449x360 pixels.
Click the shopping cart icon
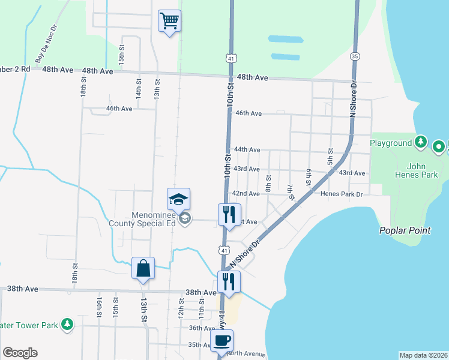point(169,22)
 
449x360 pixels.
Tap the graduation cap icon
point(178,199)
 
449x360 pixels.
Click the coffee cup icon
point(221,341)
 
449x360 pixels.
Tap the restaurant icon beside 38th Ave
point(229,281)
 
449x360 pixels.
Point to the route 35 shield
point(356,56)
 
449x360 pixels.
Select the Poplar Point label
point(402,230)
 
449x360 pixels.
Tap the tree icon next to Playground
point(421,143)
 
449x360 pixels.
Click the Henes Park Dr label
point(342,194)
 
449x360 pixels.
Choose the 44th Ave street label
point(247,149)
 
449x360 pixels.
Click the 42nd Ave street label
point(246,194)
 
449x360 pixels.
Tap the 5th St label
point(330,157)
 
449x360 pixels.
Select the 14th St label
point(138,92)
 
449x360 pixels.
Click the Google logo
point(20,353)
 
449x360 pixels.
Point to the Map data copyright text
point(423,355)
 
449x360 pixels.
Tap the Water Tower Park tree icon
point(68,325)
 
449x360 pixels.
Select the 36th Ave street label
point(202,328)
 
